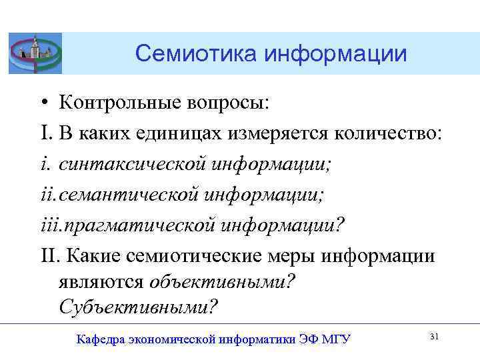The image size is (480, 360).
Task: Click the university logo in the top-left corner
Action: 35,53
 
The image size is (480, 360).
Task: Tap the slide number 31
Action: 434,337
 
